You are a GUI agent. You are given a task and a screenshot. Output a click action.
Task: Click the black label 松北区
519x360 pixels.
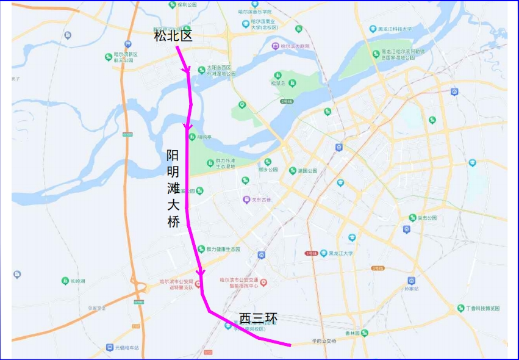pos(173,37)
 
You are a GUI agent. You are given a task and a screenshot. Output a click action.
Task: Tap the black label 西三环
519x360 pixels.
pos(258,319)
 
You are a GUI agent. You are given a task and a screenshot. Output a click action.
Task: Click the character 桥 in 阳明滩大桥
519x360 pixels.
pos(173,223)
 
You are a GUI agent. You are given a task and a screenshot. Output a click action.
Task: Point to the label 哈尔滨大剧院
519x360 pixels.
pos(292,46)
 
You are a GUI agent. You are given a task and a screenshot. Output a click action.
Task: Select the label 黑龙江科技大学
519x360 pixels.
pos(395,29)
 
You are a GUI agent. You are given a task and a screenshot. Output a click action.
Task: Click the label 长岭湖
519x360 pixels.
pos(77,281)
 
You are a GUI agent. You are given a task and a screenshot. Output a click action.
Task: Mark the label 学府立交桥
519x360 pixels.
pos(324,341)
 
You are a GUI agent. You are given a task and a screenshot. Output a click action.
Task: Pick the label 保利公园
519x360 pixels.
pos(187,5)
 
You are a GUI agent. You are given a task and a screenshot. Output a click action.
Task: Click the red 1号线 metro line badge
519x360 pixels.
pos(311,253)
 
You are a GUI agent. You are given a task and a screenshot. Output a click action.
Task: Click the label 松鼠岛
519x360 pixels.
pos(277,83)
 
